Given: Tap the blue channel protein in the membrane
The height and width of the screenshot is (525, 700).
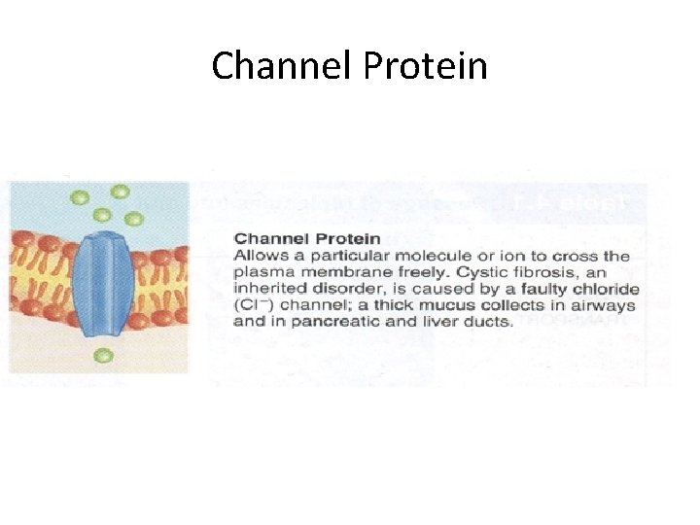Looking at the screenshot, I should (104, 285).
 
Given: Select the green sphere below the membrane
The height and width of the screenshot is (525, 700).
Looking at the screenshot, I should (102, 356).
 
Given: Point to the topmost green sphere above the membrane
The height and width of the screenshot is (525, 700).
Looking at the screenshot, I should (121, 192).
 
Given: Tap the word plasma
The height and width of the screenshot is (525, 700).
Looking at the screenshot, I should (259, 272).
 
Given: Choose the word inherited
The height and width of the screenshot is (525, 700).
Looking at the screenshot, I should (268, 289).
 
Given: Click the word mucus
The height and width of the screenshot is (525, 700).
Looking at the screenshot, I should (448, 305).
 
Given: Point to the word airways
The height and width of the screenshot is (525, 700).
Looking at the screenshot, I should (608, 305).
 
